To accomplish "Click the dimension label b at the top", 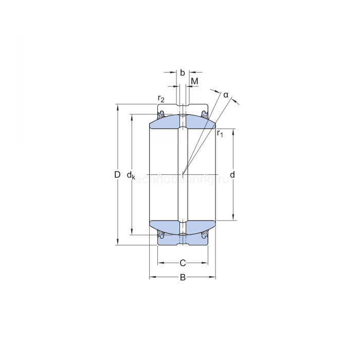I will pos(183,73).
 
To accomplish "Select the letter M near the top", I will pos(194,82).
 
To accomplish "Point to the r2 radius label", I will pos(161,99).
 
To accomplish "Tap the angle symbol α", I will pos(225,95).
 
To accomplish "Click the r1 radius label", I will pos(220,134).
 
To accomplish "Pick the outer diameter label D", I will pos(117,175).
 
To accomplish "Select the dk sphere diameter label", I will pos(132,175).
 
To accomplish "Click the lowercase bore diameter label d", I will pos(232,175).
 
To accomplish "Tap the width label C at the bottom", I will pos(183,263).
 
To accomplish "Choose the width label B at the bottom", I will pos(183,278).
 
